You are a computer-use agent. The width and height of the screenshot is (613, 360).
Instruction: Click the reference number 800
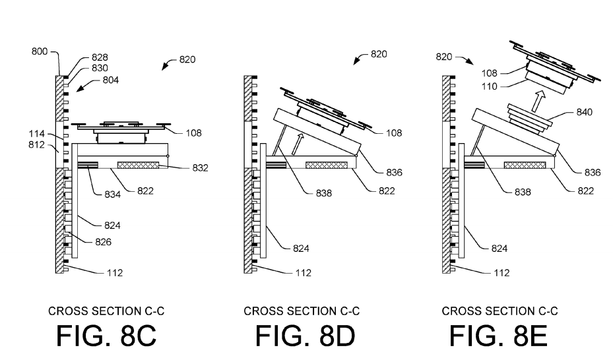pyautogui.click(x=40, y=51)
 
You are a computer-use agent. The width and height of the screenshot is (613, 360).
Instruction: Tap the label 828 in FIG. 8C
pyautogui.click(x=100, y=57)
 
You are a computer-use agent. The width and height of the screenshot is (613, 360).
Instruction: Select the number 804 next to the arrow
pyautogui.click(x=111, y=80)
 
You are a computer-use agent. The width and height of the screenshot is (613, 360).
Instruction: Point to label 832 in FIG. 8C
pyautogui.click(x=200, y=168)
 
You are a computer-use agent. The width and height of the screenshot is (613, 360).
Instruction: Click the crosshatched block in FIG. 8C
pyautogui.click(x=139, y=165)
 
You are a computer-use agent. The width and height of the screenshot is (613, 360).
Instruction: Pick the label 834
pyautogui.click(x=112, y=194)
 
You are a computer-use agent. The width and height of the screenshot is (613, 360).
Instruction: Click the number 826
pyautogui.click(x=103, y=242)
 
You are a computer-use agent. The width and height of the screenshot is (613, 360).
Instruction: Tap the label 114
pyautogui.click(x=36, y=134)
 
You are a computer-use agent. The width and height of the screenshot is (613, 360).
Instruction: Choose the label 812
pyautogui.click(x=36, y=145)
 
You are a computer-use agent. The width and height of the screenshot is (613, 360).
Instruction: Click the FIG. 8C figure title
pyautogui.click(x=106, y=336)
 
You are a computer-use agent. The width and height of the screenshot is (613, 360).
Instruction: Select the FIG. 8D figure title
pyautogui.click(x=305, y=336)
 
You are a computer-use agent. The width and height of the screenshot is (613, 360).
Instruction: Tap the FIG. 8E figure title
pyautogui.click(x=498, y=336)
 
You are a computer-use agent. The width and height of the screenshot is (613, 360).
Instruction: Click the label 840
pyautogui.click(x=585, y=113)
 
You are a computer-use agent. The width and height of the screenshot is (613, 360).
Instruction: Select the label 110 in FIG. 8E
pyautogui.click(x=490, y=86)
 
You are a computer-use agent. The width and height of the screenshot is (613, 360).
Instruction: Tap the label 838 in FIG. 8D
pyautogui.click(x=324, y=193)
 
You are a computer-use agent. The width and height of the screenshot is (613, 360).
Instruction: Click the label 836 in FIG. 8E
pyautogui.click(x=593, y=173)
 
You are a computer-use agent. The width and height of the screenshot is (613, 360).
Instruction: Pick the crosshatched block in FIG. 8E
pyautogui.click(x=525, y=165)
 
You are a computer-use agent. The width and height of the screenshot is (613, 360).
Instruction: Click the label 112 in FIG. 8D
pyautogui.click(x=304, y=273)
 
